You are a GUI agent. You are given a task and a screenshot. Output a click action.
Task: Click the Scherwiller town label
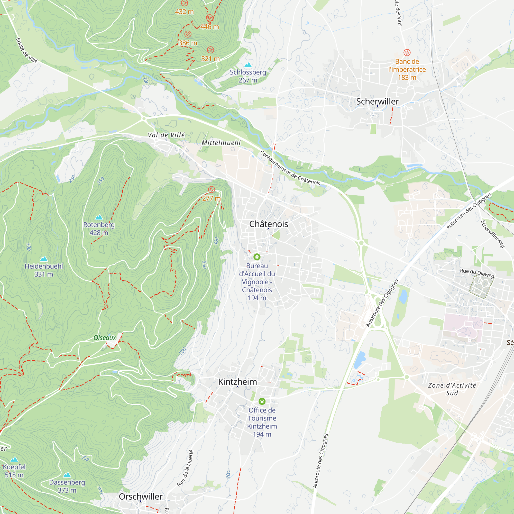pos(377,101)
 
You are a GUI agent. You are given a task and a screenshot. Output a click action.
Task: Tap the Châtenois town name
pos(269,224)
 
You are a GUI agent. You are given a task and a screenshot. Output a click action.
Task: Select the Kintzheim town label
pos(237,382)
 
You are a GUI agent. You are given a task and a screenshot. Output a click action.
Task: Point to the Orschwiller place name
pos(141,497)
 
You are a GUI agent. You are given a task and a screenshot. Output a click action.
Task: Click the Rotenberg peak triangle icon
pos(99,217)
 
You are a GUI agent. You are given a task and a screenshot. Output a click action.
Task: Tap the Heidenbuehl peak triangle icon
pos(44,259)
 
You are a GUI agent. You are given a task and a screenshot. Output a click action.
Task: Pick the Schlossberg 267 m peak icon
pos(248,65)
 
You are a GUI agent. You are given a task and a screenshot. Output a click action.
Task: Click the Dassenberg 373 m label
pos(67,486)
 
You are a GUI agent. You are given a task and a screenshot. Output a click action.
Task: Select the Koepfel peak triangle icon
pos(14,460)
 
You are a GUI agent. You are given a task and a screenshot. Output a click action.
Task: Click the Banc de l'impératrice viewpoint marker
pos(407,52)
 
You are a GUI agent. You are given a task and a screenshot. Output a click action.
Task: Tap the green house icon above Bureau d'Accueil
pos(257,257)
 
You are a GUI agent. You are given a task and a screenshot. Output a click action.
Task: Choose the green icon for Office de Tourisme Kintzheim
pos(262,401)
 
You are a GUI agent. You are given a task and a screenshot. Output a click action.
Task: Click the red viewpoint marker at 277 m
pos(212,189)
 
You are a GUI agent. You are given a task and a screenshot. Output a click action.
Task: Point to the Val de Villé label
pos(166,135)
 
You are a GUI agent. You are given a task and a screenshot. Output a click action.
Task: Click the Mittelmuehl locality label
pos(221,143)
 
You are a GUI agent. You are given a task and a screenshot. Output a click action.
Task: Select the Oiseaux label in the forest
pos(105,338)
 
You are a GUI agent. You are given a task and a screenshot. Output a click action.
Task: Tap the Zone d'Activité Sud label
pos(452,389)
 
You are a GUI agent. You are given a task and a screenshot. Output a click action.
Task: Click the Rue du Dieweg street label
pos(477,273)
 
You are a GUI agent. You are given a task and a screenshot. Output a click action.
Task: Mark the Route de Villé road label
pos(27,51)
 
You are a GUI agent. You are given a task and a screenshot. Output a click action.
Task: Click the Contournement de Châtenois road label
pos(290,168)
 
